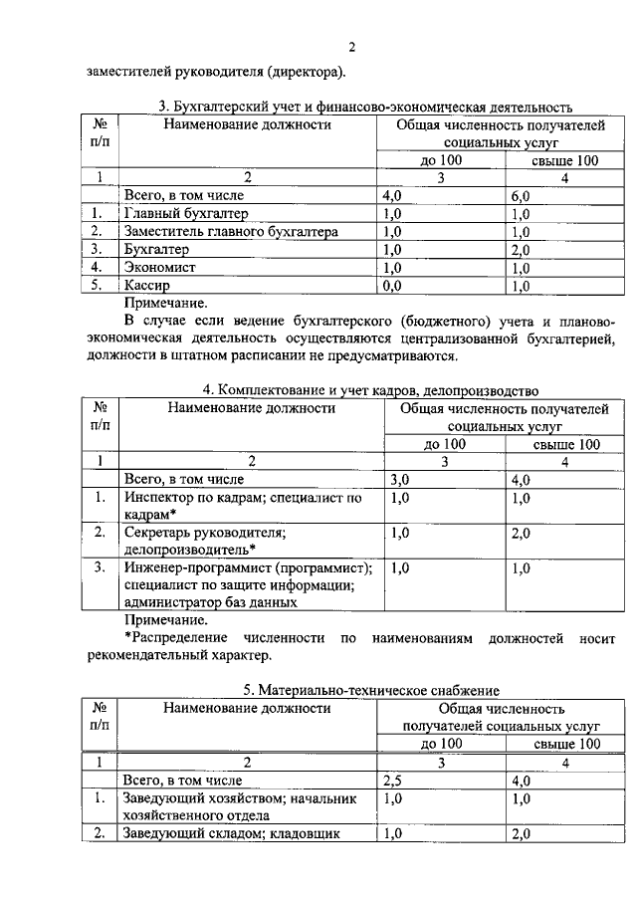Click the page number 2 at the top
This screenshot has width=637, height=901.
click(351, 47)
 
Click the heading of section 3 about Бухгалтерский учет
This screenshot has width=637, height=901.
click(364, 107)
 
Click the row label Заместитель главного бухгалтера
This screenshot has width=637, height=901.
click(231, 231)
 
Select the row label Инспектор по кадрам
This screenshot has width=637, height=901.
click(242, 497)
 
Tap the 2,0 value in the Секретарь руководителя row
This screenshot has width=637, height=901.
click(521, 533)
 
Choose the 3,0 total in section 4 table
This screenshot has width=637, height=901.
click(401, 479)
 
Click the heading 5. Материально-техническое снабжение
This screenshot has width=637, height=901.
click(371, 689)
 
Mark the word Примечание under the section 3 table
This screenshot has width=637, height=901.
click(166, 302)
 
